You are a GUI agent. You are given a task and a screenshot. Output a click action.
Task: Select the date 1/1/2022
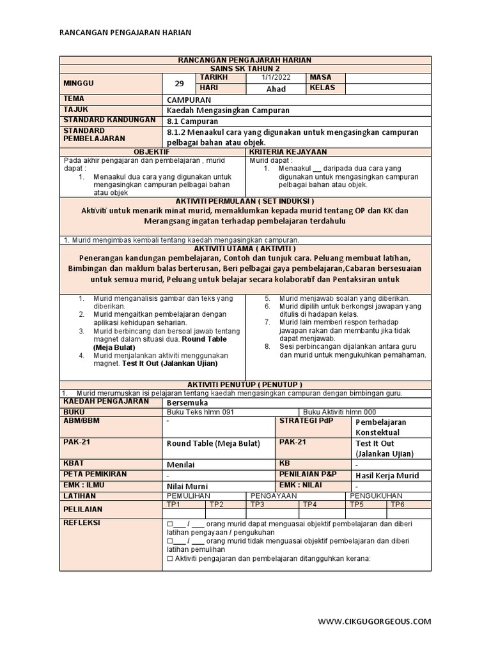point(276,77)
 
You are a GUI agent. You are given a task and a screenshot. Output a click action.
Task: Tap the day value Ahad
point(276,89)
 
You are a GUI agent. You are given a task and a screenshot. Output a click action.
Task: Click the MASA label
point(321,77)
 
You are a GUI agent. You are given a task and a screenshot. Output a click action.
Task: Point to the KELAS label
point(323,87)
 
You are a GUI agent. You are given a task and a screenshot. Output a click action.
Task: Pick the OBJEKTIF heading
point(152,151)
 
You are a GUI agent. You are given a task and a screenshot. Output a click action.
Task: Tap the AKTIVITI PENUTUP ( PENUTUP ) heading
point(245,385)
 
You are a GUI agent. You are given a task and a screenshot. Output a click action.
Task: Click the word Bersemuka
point(187,402)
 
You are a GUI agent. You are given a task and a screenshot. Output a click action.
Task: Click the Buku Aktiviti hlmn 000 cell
point(339,412)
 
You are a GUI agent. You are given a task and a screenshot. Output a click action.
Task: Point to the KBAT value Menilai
point(180,464)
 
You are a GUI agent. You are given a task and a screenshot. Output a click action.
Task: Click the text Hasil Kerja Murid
point(387,475)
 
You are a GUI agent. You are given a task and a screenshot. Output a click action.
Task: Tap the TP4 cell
point(310,504)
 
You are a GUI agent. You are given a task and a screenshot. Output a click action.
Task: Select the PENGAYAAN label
point(274,495)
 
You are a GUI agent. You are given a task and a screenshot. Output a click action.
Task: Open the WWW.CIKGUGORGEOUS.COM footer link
point(374,621)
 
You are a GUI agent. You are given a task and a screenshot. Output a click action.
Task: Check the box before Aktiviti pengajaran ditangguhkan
point(169,558)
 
